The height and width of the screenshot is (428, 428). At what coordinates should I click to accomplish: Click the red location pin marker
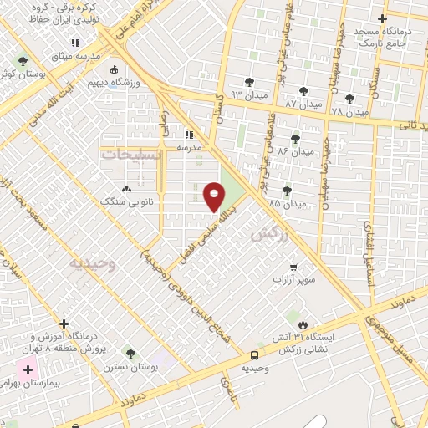pos(214,196)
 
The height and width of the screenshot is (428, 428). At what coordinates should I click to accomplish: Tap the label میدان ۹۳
pos(249,94)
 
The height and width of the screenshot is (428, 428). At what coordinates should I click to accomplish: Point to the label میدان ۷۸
pos(349,111)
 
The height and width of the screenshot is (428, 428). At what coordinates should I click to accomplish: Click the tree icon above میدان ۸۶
pos(294,139)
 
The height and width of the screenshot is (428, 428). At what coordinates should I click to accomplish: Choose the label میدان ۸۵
pos(287,203)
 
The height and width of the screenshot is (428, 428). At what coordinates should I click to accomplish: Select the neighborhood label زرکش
pos(267,237)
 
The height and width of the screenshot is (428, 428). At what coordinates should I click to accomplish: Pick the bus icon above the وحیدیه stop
pos(254,354)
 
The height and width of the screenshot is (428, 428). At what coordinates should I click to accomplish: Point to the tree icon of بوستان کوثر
pos(22,61)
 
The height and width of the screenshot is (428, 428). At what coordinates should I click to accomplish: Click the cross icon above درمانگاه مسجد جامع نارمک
pos(382,18)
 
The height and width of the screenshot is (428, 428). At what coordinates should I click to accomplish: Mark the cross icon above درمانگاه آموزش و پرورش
pos(64,324)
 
